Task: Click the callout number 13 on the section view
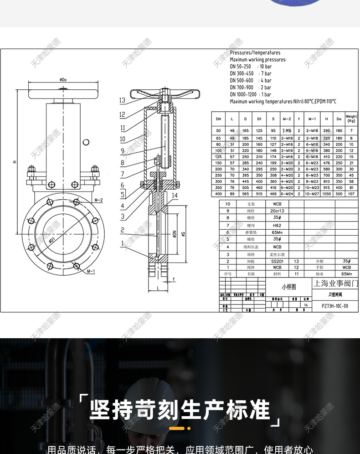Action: (x=122, y=100)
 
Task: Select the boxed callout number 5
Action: (x=122, y=195)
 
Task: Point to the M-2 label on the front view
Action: (x=98, y=200)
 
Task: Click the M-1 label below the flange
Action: (x=91, y=271)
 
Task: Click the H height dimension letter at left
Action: (x=14, y=162)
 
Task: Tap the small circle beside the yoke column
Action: (x=86, y=142)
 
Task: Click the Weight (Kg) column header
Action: (x=351, y=119)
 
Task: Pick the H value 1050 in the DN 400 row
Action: (x=326, y=194)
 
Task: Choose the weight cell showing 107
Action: (x=351, y=194)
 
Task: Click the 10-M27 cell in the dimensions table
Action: (x=312, y=194)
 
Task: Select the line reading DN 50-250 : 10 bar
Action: (x=251, y=67)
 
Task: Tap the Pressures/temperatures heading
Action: (x=255, y=53)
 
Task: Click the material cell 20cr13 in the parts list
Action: (x=277, y=211)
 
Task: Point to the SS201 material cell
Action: (x=277, y=261)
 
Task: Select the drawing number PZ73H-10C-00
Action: (x=334, y=306)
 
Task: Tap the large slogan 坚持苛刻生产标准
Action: (x=180, y=409)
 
